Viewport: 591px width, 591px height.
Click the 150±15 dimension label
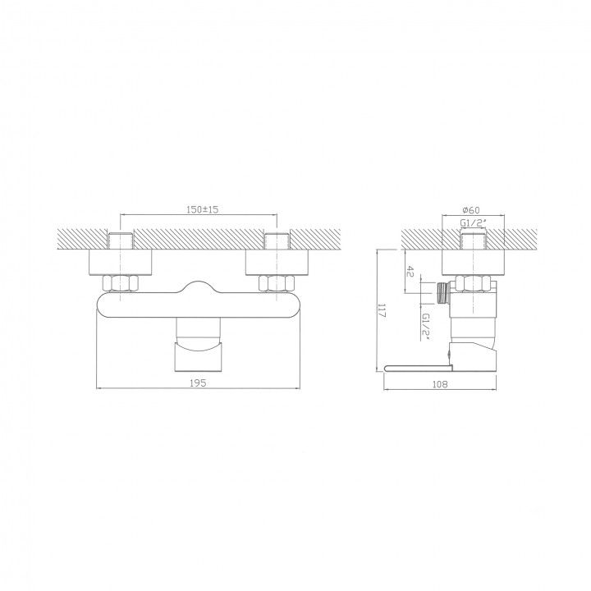(203, 209)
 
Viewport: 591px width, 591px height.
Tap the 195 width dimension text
(198, 383)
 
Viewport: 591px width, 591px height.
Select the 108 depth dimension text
(439, 384)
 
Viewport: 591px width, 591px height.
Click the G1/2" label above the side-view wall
(474, 222)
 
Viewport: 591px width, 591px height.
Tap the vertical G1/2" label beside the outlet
(426, 327)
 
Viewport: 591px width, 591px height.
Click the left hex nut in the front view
(120, 283)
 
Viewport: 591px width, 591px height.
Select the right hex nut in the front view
(277, 283)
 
